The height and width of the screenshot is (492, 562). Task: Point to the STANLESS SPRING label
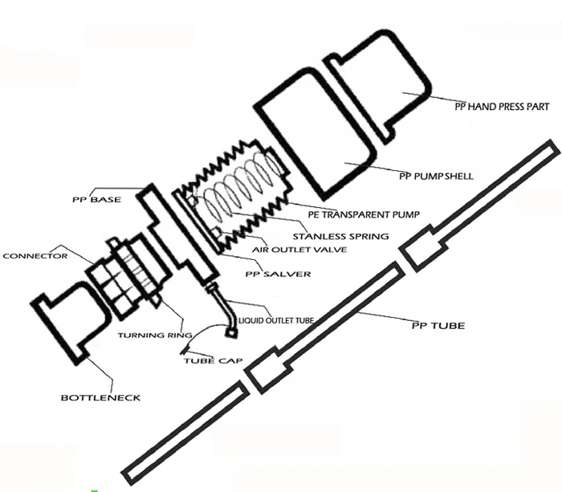click(x=340, y=236)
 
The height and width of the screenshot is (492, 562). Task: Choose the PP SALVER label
click(x=278, y=274)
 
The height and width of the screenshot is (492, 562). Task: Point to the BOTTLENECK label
click(x=101, y=397)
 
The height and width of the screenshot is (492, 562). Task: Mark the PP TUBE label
click(x=437, y=326)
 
